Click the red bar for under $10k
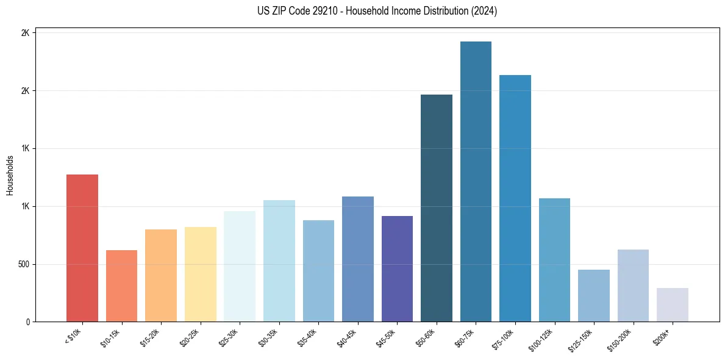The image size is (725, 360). [x=82, y=248]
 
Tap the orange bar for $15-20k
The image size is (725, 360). [x=161, y=275]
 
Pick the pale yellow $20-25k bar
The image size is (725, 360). [x=201, y=274]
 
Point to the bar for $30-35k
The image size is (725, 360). [x=279, y=261]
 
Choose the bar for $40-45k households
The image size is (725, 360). [x=358, y=259]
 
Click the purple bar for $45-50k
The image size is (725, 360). [x=397, y=268]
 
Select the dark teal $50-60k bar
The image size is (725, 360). [x=437, y=208]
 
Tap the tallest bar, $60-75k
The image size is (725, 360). [x=476, y=181]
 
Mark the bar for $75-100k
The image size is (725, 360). [x=515, y=198]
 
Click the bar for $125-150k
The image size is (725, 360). [x=594, y=295]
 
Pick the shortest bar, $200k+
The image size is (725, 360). [x=673, y=304]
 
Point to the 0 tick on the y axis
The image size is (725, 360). [x=27, y=322]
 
